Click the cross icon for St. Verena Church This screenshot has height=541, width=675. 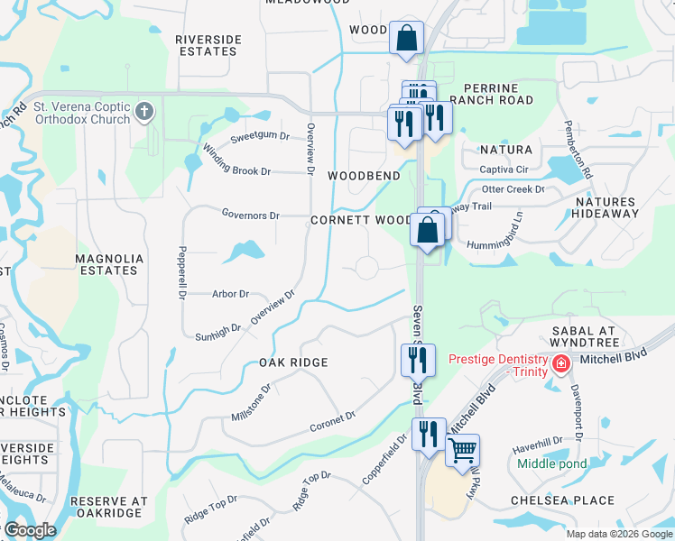[143, 113]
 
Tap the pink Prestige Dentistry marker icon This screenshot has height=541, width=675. [561, 364]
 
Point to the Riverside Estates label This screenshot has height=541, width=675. [208, 46]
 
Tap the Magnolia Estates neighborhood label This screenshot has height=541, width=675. [109, 264]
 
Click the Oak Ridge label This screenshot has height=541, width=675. [292, 362]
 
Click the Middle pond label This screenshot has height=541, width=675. [552, 464]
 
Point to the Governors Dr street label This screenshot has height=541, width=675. [251, 215]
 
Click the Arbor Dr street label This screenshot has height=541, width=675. [230, 294]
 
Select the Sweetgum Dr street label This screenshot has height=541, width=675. [260, 138]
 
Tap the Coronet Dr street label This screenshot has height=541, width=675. [333, 420]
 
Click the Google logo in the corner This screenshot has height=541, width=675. [29, 530]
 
